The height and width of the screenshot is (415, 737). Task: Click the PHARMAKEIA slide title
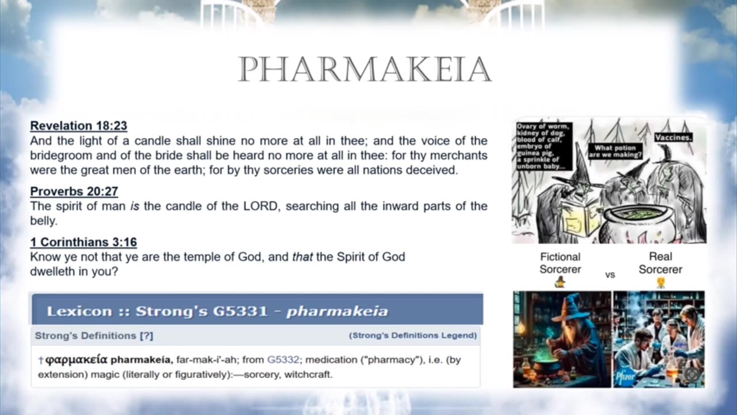coord(365,69)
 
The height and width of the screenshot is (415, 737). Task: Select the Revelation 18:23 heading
coord(79,126)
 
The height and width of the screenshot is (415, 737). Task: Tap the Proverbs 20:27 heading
coord(74,191)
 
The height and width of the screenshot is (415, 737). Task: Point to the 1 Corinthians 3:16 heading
coord(83,242)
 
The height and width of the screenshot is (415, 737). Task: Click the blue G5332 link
coord(283,360)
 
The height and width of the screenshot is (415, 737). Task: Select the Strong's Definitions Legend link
coord(413,335)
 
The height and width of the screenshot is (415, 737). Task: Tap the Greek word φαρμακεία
coord(77,360)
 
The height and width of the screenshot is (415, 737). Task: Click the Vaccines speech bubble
coord(674,138)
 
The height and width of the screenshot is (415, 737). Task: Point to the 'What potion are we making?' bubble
coord(615,151)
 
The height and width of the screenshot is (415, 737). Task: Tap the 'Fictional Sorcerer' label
coord(560,263)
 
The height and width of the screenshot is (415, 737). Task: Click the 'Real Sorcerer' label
coord(660,263)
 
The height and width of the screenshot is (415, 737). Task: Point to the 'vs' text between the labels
coord(610,275)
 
